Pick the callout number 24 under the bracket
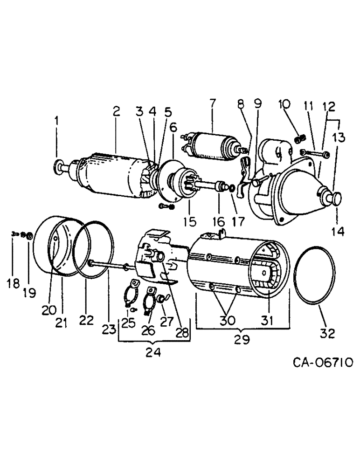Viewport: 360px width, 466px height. (153, 353)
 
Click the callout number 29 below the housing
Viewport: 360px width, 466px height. (242, 339)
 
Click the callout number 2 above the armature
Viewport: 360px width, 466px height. (116, 111)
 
